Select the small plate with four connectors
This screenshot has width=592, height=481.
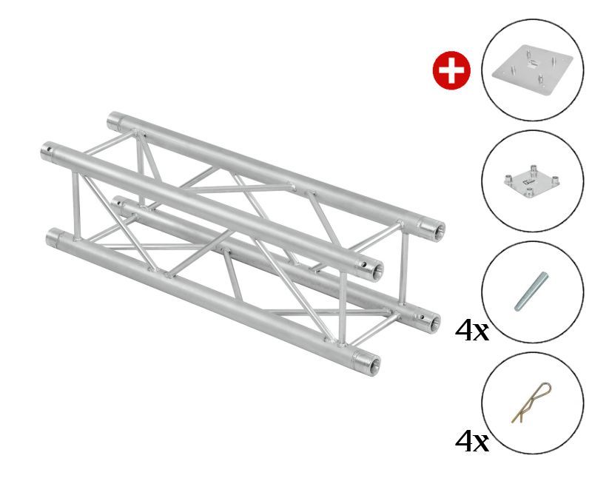point(532,181)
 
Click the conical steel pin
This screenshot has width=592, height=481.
point(531,291)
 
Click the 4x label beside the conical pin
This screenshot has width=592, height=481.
point(472,331)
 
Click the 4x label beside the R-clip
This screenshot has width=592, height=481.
point(472,441)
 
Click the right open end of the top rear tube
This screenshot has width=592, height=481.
point(439,230)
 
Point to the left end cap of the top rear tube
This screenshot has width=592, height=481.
point(113,121)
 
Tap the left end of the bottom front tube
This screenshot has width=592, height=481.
point(53,238)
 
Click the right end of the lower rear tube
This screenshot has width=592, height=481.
point(435,323)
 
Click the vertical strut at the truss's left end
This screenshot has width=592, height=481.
point(76,206)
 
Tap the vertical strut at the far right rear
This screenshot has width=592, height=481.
point(404,268)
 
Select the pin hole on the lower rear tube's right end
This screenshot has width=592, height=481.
point(423,317)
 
